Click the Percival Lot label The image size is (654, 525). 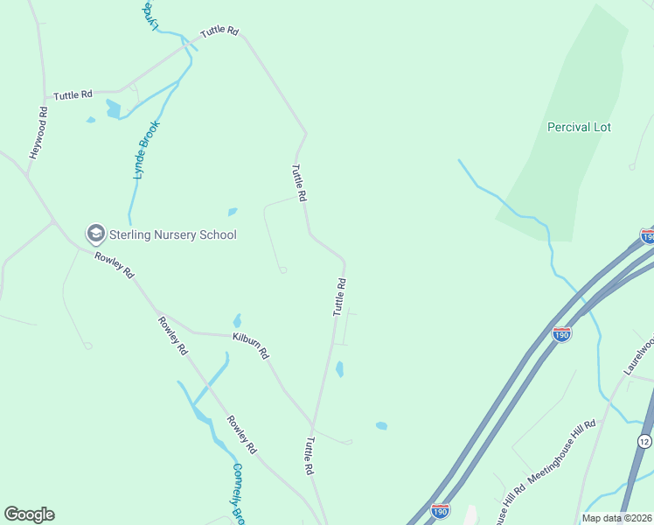click(579, 127)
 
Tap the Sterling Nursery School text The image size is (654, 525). click(173, 234)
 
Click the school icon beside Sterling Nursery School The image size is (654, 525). click(94, 234)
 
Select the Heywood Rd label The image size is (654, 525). click(37, 133)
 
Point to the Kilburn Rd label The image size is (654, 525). click(250, 345)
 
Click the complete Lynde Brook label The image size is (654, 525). click(143, 150)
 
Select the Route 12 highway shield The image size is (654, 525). click(644, 439)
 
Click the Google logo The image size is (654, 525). click(29, 514)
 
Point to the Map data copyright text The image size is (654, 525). click(616, 518)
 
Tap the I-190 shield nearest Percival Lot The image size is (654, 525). click(647, 236)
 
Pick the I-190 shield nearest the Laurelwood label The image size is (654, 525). click(562, 334)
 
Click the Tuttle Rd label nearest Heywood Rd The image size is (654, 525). click(73, 94)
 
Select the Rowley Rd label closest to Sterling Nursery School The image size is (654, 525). click(115, 265)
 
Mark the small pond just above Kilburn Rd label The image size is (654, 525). click(237, 321)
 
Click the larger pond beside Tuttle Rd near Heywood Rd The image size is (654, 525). click(113, 108)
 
